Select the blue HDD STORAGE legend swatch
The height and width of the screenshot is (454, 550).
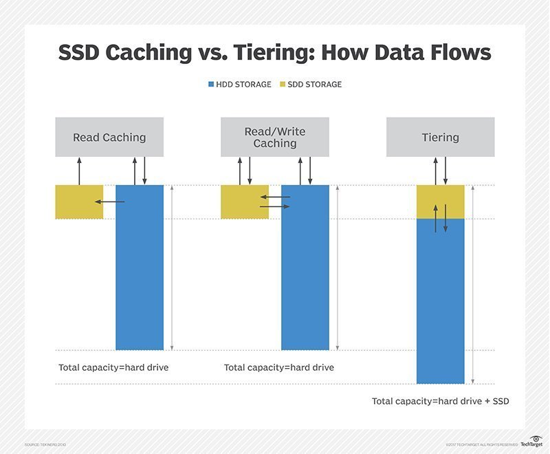[212, 85]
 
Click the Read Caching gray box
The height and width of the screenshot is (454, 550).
[109, 137]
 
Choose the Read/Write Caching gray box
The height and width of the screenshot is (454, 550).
[274, 137]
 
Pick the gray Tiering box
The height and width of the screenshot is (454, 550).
[440, 137]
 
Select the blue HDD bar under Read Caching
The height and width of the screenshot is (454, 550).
[140, 275]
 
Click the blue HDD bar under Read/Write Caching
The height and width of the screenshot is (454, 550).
[305, 275]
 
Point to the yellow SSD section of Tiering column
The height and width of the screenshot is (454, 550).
[441, 201]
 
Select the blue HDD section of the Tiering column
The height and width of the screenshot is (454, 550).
[441, 303]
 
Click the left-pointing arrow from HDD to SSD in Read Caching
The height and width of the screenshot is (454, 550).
[109, 202]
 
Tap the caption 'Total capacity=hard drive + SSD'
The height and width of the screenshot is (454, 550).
[440, 400]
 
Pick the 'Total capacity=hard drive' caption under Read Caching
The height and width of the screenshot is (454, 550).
[113, 367]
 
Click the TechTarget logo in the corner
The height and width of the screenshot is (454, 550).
[531, 442]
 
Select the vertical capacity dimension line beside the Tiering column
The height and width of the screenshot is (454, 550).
[474, 284]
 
